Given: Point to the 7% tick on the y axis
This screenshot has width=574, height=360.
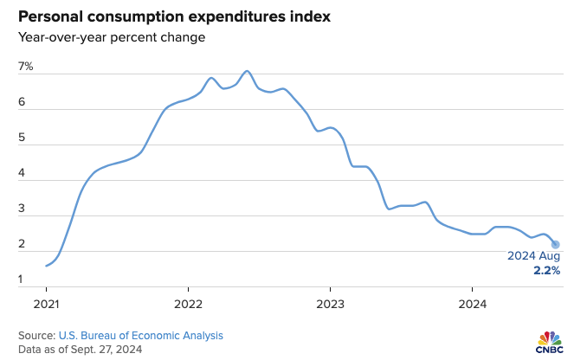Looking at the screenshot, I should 26,67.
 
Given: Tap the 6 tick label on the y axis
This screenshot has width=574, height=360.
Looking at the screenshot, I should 23,103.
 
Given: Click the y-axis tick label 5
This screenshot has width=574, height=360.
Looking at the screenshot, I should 23,138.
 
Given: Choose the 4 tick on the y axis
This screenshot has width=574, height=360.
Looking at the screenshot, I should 23,174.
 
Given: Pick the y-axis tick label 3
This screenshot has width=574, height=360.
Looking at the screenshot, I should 23,209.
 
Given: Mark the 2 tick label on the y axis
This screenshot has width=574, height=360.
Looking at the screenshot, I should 23,245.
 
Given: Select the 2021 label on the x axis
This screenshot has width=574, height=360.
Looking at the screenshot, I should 46,304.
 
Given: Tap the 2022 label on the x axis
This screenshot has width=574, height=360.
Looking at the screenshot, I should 188,304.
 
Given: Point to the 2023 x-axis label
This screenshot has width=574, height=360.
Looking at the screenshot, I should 330,304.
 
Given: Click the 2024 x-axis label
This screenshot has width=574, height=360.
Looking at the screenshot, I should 472,304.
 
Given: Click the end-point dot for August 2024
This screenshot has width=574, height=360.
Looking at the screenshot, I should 555,244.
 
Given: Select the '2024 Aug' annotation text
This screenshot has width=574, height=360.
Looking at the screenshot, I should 533,257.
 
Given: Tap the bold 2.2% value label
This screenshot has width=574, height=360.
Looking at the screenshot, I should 546,271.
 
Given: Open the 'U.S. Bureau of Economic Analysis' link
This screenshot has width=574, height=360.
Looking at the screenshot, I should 140,335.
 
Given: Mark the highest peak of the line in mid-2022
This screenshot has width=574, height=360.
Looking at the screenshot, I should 248,71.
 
